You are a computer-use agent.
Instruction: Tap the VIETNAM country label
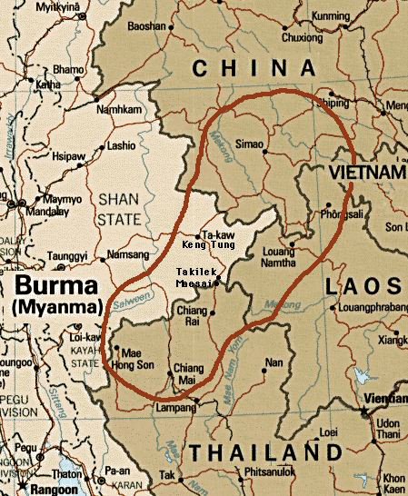pyautogui.click(x=367, y=172)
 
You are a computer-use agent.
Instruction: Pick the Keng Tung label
pyautogui.click(x=209, y=245)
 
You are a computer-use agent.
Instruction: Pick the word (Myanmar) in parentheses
pyautogui.click(x=56, y=309)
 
